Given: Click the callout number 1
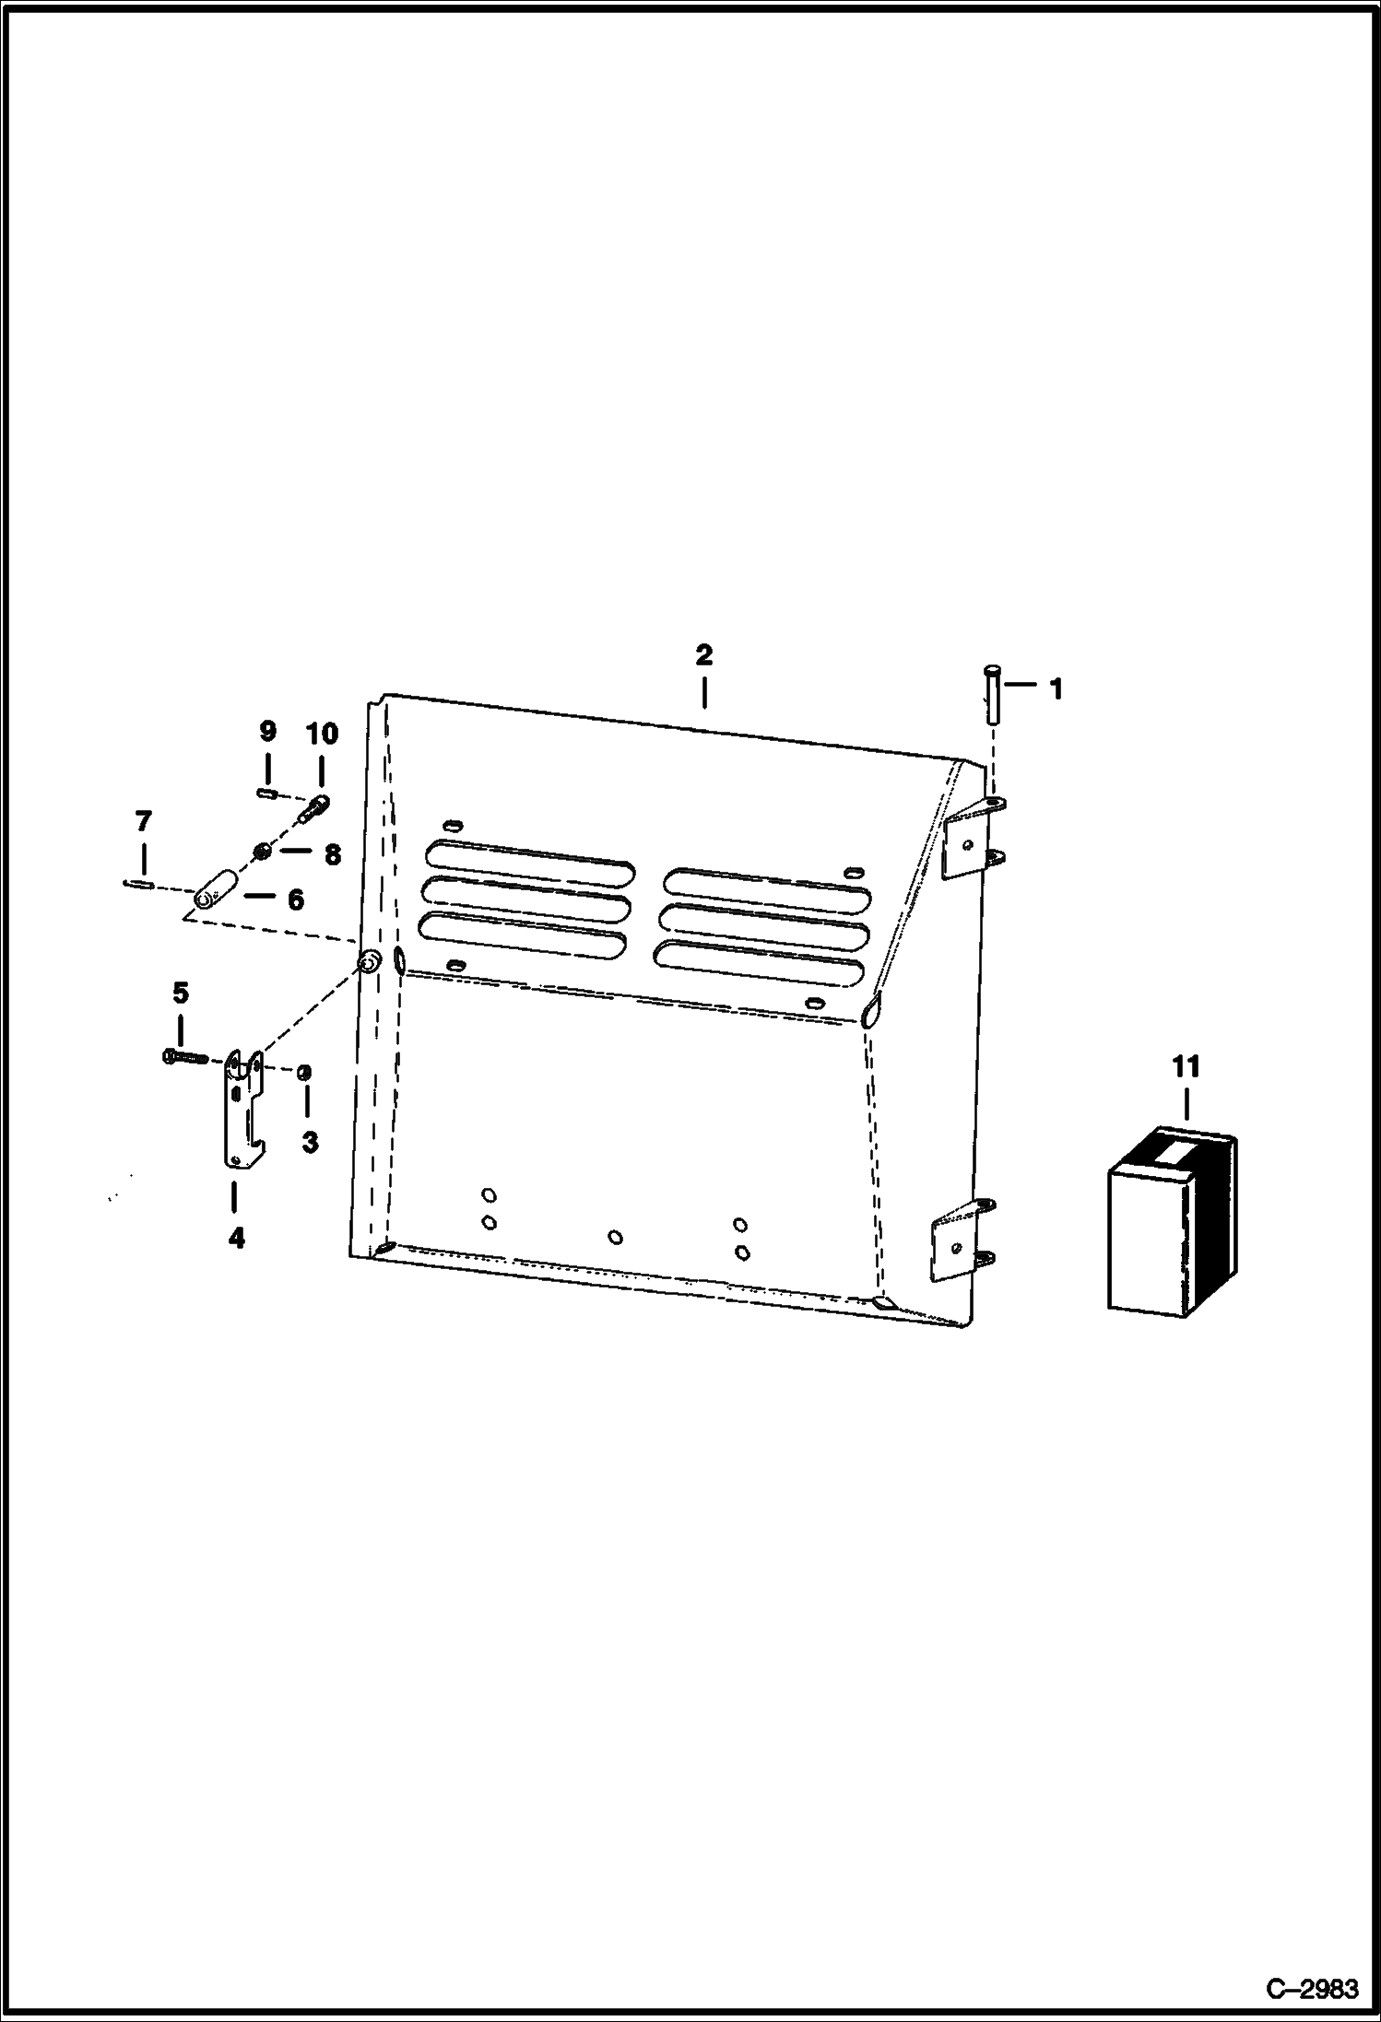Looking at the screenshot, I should (x=1056, y=688).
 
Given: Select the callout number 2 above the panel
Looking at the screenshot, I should (x=703, y=655).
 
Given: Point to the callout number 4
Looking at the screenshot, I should (x=237, y=1239).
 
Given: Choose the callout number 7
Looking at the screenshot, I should (x=143, y=821).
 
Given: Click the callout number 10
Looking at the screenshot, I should (x=322, y=734).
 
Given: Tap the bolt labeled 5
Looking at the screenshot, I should (x=184, y=1058).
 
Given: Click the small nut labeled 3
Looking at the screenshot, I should (x=304, y=1072).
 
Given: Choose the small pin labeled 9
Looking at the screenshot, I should (x=267, y=791).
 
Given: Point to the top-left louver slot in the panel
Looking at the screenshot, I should (x=530, y=857).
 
